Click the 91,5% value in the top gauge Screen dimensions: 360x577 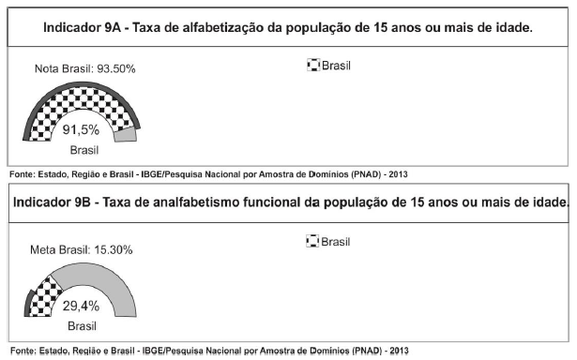click(x=82, y=130)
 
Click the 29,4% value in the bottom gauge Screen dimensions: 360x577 click(x=82, y=306)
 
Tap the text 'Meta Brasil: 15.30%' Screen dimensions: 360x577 click(x=81, y=249)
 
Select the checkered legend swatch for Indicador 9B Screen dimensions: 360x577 click(x=312, y=242)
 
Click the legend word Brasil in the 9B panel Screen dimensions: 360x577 click(x=335, y=242)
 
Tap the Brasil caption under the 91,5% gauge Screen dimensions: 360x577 click(x=82, y=149)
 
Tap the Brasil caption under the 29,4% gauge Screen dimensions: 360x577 click(x=82, y=324)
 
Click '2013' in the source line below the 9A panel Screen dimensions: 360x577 click(x=395, y=173)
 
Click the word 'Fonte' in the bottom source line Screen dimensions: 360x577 click(x=20, y=351)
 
